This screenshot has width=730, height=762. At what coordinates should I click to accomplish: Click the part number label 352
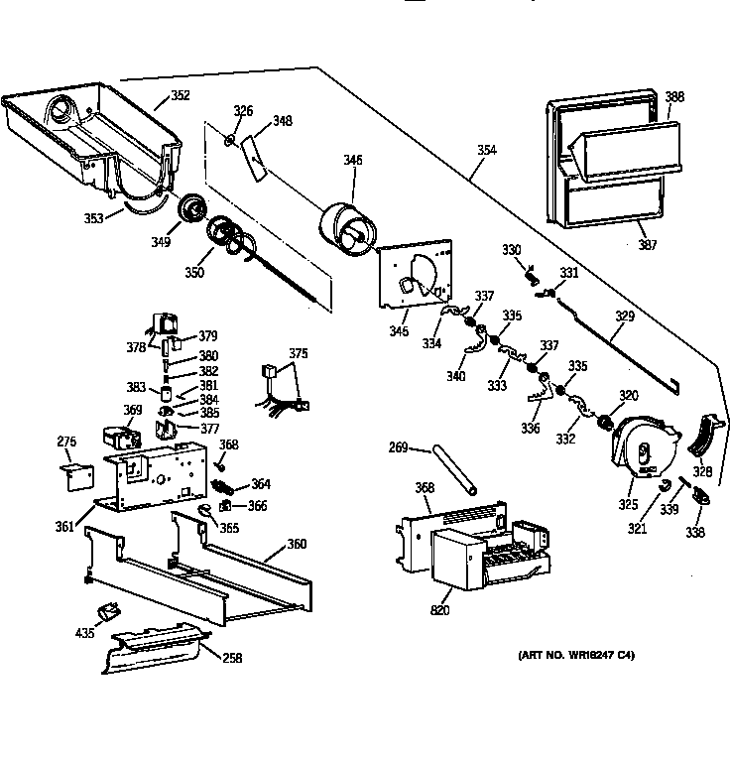(180, 96)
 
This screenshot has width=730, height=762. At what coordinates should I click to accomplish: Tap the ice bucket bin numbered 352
(94, 139)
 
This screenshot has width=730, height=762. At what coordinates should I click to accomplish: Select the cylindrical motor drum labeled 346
(347, 233)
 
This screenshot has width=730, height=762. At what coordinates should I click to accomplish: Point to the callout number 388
(674, 97)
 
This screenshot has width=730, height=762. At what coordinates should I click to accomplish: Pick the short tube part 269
(454, 470)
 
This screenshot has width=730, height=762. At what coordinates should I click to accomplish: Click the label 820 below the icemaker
(439, 609)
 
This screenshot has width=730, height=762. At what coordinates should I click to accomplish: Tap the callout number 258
(232, 657)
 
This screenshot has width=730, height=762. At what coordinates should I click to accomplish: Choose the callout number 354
(487, 151)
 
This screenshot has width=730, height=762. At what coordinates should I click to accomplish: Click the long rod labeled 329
(615, 337)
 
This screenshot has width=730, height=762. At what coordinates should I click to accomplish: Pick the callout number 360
(296, 544)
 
